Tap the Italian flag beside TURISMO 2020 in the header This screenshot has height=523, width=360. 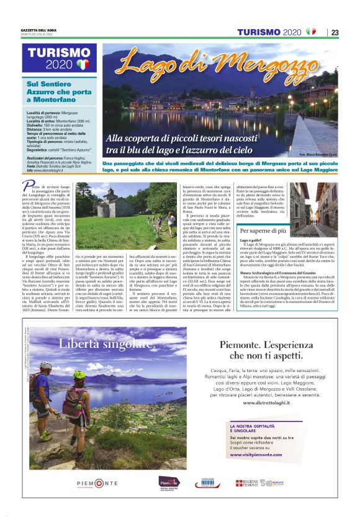click(x=310, y=32)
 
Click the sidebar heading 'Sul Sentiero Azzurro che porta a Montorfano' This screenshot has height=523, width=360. click(x=52, y=90)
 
